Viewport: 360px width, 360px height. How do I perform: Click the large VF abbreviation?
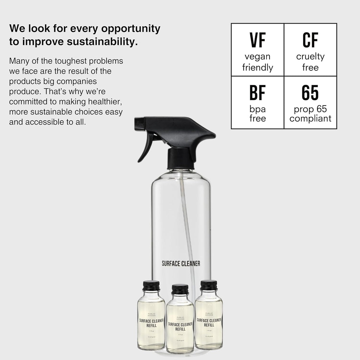257,40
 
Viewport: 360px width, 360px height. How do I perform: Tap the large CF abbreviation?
310,40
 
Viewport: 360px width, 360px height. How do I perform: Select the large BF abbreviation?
257,92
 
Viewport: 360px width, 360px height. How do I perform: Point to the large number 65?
310,92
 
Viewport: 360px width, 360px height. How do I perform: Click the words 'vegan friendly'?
257,62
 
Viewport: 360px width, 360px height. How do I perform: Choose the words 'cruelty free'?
310,62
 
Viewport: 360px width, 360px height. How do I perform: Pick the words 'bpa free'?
257,114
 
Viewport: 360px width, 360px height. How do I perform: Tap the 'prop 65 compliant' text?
310,114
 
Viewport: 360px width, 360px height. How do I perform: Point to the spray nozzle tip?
137,123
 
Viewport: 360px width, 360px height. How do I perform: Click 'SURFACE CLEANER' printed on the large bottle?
181,263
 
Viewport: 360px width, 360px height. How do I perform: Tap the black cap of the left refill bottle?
151,285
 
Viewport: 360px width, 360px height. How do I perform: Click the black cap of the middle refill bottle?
180,289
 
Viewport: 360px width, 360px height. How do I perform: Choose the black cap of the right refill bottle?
209,285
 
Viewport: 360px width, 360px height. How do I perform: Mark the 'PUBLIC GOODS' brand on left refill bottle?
151,315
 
